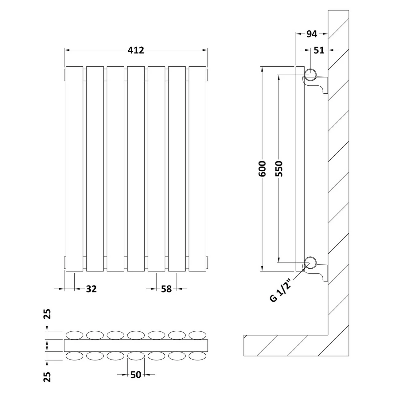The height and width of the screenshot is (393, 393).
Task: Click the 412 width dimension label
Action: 136,50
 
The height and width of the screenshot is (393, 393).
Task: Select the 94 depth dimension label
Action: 311,34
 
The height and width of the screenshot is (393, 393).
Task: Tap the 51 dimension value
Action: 319,50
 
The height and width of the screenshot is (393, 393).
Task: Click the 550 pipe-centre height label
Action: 279,169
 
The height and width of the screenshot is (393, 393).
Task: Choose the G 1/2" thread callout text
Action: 280,289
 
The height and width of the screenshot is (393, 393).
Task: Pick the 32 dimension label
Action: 91,289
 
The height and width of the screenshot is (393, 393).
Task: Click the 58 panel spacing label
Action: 166,289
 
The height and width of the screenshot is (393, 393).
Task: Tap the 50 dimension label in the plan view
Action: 135,375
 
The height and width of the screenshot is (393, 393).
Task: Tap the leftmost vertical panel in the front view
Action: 74,169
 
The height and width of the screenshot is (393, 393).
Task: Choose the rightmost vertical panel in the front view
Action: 197,169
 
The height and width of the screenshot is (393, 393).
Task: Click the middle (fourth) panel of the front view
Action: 136,169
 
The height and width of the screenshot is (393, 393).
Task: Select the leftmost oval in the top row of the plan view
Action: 74,334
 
